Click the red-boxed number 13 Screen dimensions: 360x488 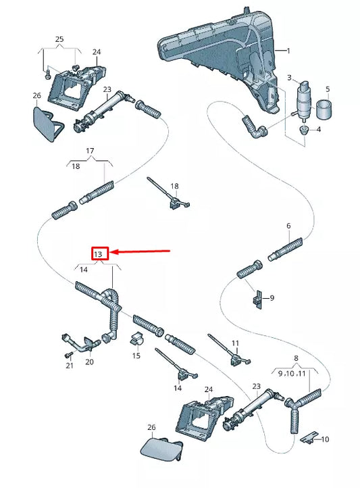pyautogui.click(x=98, y=254)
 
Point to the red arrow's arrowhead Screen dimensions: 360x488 pyautogui.click(x=113, y=251)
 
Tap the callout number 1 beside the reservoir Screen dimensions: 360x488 pyautogui.click(x=288, y=51)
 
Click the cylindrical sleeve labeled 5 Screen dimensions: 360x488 pyautogui.click(x=324, y=109)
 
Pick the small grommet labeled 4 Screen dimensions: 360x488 pyautogui.click(x=303, y=130)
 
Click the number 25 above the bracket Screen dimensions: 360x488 pyautogui.click(x=59, y=39)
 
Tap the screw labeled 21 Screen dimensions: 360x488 pyautogui.click(x=69, y=354)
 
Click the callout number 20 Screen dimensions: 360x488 pyautogui.click(x=89, y=362)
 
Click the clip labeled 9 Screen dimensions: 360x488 pyautogui.click(x=257, y=299)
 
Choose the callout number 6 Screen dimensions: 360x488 pyautogui.click(x=288, y=226)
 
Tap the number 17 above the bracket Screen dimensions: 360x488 pyautogui.click(x=90, y=151)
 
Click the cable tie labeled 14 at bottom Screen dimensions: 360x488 pyautogui.click(x=177, y=364)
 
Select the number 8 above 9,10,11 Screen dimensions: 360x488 pyautogui.click(x=296, y=358)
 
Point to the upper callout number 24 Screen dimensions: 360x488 pyautogui.click(x=97, y=51)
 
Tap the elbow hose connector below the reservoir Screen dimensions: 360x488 pyautogui.click(x=255, y=127)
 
